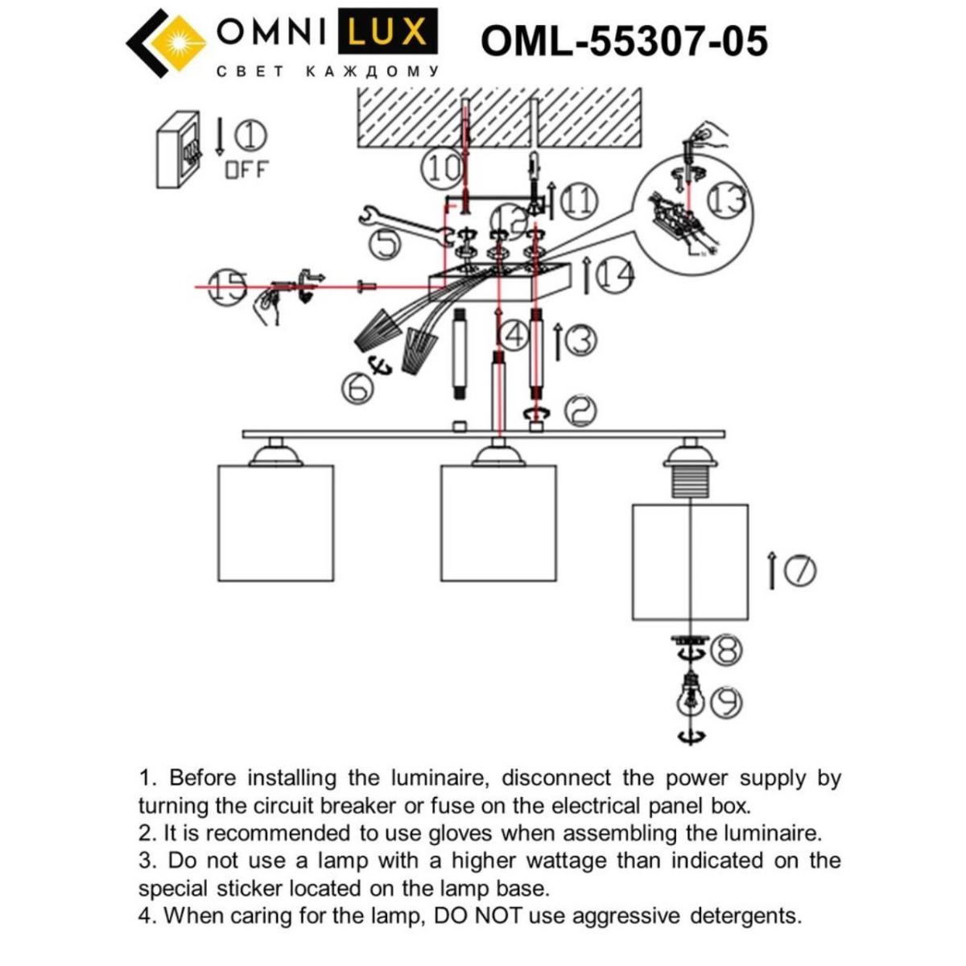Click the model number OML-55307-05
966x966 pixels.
624,40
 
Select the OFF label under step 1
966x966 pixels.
246,170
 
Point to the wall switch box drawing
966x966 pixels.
178,150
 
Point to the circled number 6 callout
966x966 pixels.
357,388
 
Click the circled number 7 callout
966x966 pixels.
799,571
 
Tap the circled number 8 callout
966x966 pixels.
726,650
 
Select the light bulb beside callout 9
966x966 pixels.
689,696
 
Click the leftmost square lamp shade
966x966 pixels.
275,522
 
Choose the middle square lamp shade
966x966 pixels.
498,522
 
